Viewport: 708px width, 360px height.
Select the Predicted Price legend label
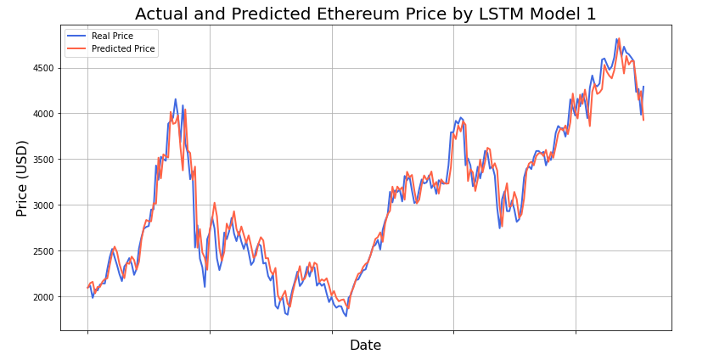tap(123, 49)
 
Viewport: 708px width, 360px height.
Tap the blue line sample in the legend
tap(77, 37)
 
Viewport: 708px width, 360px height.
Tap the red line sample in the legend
tap(77, 49)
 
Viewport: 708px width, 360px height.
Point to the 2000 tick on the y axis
tap(44, 297)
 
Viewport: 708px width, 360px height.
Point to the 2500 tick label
tap(44, 251)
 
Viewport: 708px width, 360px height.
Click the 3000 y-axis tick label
tap(44, 205)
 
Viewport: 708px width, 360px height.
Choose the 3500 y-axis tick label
tap(44, 160)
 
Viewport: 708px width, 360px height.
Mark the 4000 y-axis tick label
tap(44, 114)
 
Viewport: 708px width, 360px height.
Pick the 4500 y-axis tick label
tap(44, 68)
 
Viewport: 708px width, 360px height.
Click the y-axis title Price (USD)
tap(22, 177)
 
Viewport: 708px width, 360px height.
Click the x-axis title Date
tap(365, 346)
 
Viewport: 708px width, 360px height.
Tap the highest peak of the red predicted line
tap(619, 38)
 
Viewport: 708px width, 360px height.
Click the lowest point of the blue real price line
tap(346, 316)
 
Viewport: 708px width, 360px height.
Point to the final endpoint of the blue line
tap(643, 87)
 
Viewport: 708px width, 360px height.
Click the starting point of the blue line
tap(87, 287)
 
